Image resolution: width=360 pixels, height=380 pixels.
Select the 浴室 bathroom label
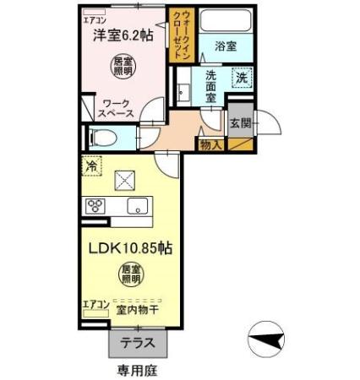pyautogui.click(x=225, y=46)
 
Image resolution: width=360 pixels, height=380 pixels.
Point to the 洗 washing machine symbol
pyautogui.click(x=242, y=78)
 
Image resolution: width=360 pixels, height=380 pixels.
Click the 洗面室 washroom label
pyautogui.click(x=210, y=85)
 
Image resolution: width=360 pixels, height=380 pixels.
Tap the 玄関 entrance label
pyautogui.click(x=239, y=123)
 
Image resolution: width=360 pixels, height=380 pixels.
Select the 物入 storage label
pyautogui.click(x=210, y=146)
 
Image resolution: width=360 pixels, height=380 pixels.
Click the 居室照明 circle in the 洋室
pyautogui.click(x=124, y=65)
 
